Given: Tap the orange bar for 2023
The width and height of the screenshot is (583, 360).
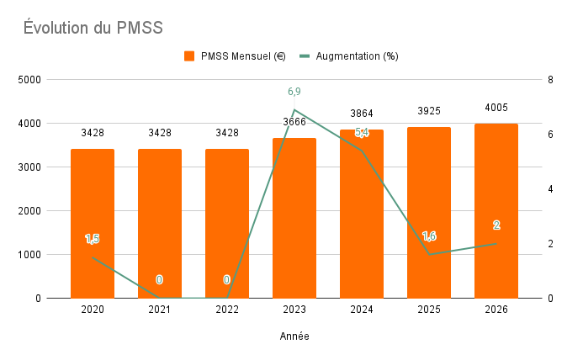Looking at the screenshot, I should pyautogui.click(x=294, y=219).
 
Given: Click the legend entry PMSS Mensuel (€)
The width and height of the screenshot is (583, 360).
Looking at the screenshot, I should pyautogui.click(x=236, y=56).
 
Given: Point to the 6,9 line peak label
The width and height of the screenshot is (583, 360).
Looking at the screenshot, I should pyautogui.click(x=294, y=91).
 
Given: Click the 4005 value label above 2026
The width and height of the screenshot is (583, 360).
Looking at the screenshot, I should pyautogui.click(x=496, y=108).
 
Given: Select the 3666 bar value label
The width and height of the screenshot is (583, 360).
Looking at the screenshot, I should pyautogui.click(x=294, y=122).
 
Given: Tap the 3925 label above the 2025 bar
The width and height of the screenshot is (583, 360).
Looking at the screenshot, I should pyautogui.click(x=429, y=111).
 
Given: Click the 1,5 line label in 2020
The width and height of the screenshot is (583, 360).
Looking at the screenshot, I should pyautogui.click(x=93, y=240).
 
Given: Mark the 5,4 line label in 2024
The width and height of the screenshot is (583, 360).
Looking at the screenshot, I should pyautogui.click(x=362, y=133).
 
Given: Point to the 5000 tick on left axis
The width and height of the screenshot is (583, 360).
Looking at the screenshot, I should pyautogui.click(x=30, y=80).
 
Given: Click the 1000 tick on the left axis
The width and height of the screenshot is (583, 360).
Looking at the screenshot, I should pyautogui.click(x=30, y=254).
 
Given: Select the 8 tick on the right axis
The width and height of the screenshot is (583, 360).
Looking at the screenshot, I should pyautogui.click(x=549, y=80).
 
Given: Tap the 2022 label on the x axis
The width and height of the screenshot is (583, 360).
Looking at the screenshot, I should pyautogui.click(x=227, y=310).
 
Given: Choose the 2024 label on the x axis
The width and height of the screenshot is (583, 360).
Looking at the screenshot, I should pyautogui.click(x=362, y=310).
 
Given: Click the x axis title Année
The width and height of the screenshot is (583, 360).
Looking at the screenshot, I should pyautogui.click(x=294, y=336).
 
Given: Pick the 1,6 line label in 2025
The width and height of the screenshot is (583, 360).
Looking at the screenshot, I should pyautogui.click(x=429, y=236).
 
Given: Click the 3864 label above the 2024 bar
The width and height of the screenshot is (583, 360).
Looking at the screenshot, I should pyautogui.click(x=362, y=114).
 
